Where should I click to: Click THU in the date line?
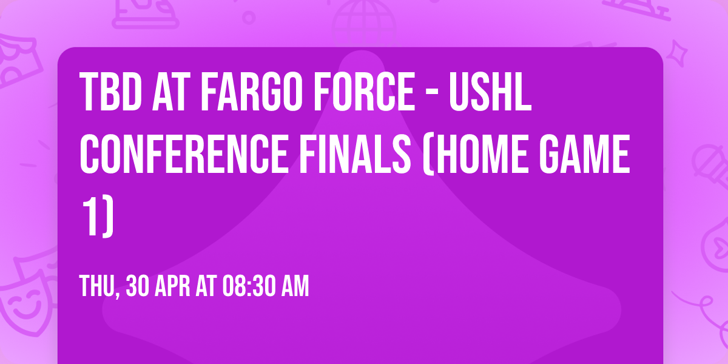(x=98, y=286)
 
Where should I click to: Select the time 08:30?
(x=249, y=286)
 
